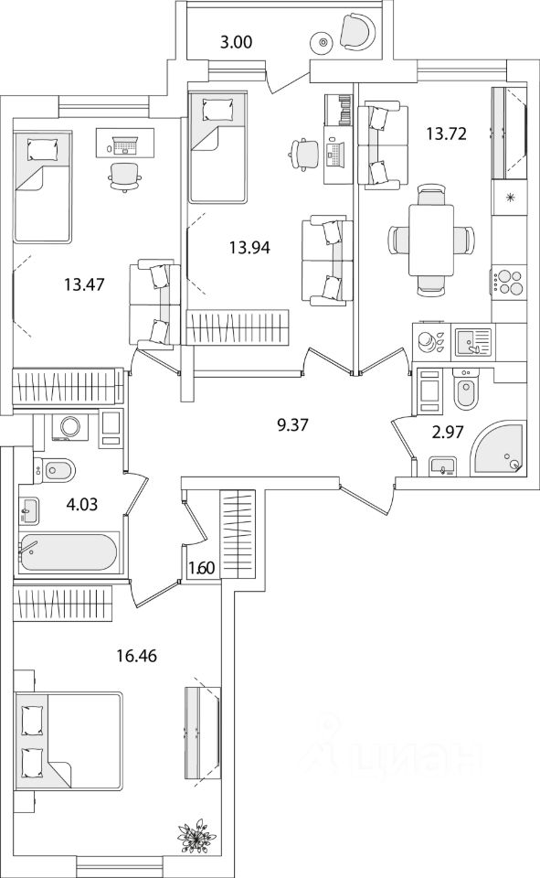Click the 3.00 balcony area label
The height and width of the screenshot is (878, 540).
[x=236, y=42]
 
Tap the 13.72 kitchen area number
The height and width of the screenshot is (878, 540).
[x=446, y=134]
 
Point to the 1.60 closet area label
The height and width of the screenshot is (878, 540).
[x=201, y=568]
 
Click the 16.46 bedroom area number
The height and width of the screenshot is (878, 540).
[x=136, y=655]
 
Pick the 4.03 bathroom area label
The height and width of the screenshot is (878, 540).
[x=81, y=505]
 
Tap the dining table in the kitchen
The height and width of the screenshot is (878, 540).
[x=430, y=240]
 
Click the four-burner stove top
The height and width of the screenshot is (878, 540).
[x=510, y=283]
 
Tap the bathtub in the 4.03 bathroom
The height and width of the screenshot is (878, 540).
[x=69, y=552]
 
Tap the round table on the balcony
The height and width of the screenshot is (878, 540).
[x=323, y=41]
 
